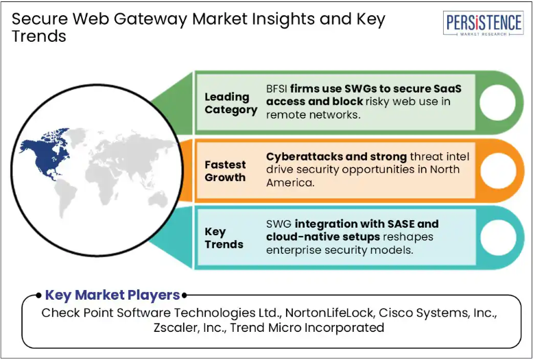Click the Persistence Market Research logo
[x=483, y=23]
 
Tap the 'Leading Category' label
[x=230, y=104]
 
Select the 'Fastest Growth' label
[x=225, y=171]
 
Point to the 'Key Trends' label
[x=224, y=238]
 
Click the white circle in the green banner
[x=497, y=102]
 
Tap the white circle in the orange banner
[x=498, y=170]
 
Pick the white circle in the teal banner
[x=498, y=238]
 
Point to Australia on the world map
[x=158, y=200]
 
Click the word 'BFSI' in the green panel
[x=276, y=88]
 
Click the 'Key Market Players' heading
[x=112, y=295]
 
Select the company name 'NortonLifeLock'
[x=330, y=313]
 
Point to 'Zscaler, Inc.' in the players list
[x=190, y=328]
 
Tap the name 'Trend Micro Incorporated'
[x=307, y=328]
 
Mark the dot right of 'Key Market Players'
[x=185, y=296]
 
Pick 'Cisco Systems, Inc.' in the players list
[x=438, y=313]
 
